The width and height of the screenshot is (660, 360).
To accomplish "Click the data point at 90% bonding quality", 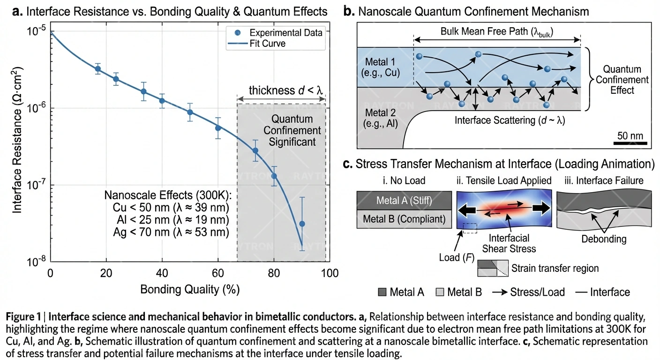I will pyautogui.click(x=302, y=224).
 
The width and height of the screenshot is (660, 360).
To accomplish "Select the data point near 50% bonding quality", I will pyautogui.click(x=190, y=112).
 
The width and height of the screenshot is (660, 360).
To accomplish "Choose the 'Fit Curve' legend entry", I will pyautogui.click(x=268, y=44).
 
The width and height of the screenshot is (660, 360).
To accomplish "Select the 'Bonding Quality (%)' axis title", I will pyautogui.click(x=190, y=289).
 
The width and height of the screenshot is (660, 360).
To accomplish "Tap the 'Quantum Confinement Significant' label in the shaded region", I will pyautogui.click(x=292, y=130).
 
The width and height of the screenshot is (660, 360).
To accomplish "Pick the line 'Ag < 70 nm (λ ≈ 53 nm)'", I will pyautogui.click(x=167, y=232).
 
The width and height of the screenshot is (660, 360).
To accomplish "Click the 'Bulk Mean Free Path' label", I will pyautogui.click(x=497, y=32).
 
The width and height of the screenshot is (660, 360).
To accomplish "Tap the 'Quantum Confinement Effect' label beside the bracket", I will pyautogui.click(x=622, y=80).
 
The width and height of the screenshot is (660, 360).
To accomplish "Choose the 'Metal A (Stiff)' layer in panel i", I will pyautogui.click(x=404, y=201).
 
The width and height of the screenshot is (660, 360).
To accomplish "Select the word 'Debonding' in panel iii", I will pyautogui.click(x=607, y=239).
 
